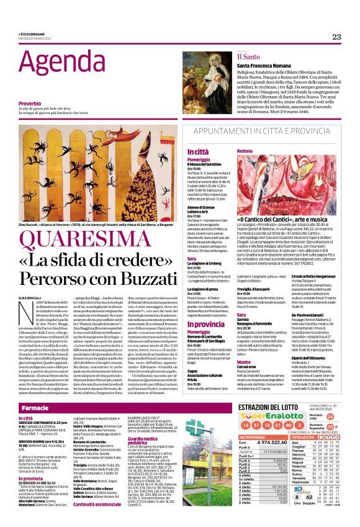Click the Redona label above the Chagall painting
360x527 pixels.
pos(245,151)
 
